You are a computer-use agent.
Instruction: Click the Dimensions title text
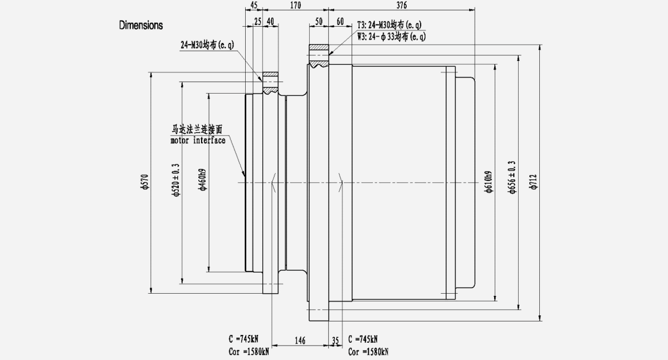pyautogui.click(x=141, y=26)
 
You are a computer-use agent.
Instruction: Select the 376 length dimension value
pyautogui.click(x=401, y=6)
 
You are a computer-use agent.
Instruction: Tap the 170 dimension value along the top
pyautogui.click(x=295, y=6)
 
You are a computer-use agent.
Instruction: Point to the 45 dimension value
pyautogui.click(x=253, y=6)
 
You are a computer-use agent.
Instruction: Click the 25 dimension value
pyautogui.click(x=257, y=21)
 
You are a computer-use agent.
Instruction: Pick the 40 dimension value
pyautogui.click(x=270, y=21)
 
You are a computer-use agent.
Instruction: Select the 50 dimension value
pyautogui.click(x=319, y=21)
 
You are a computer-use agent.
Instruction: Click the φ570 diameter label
pyautogui.click(x=144, y=182)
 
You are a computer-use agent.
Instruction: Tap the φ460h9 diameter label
pyautogui.click(x=203, y=179)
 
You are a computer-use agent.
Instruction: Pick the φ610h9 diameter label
pyautogui.click(x=489, y=182)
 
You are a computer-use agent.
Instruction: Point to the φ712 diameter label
pyautogui.click(x=534, y=182)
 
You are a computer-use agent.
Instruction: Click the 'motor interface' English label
pyautogui.click(x=198, y=141)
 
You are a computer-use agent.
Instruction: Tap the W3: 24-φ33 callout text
pyautogui.click(x=391, y=37)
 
